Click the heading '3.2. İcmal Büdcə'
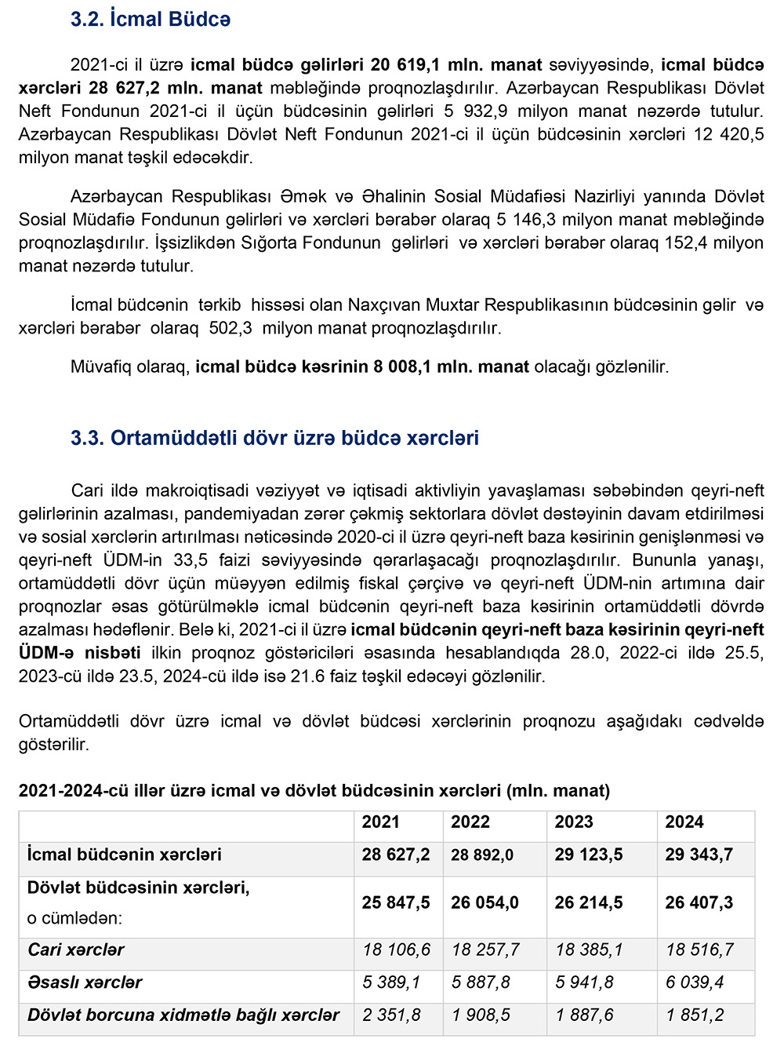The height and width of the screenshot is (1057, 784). tap(151, 20)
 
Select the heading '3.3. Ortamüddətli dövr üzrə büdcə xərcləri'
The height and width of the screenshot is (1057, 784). tap(274, 438)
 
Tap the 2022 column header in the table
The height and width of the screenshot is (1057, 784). tap(470, 822)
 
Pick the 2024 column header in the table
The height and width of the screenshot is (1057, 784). tap(684, 822)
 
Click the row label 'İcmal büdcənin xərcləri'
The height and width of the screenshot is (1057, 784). tap(125, 855)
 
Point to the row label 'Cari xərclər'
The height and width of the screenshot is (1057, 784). tap(76, 950)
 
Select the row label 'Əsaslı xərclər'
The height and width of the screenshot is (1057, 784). tap(85, 982)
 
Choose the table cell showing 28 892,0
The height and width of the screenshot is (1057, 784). tap(482, 855)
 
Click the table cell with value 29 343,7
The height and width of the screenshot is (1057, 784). tap(699, 855)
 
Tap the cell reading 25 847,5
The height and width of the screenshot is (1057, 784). tap(396, 903)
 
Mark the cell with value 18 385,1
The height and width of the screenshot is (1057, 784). tap(589, 950)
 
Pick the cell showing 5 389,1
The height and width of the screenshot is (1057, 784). tap(391, 982)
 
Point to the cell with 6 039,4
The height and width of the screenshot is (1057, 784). tap(695, 982)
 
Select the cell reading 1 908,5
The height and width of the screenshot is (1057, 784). tap(481, 1015)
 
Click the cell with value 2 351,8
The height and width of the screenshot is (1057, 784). tap(391, 1015)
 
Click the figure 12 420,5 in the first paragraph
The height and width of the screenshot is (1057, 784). tap(728, 134)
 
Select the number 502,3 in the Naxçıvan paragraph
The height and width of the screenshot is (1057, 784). tap(230, 328)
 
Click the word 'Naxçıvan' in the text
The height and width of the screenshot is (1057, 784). tap(383, 305)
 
